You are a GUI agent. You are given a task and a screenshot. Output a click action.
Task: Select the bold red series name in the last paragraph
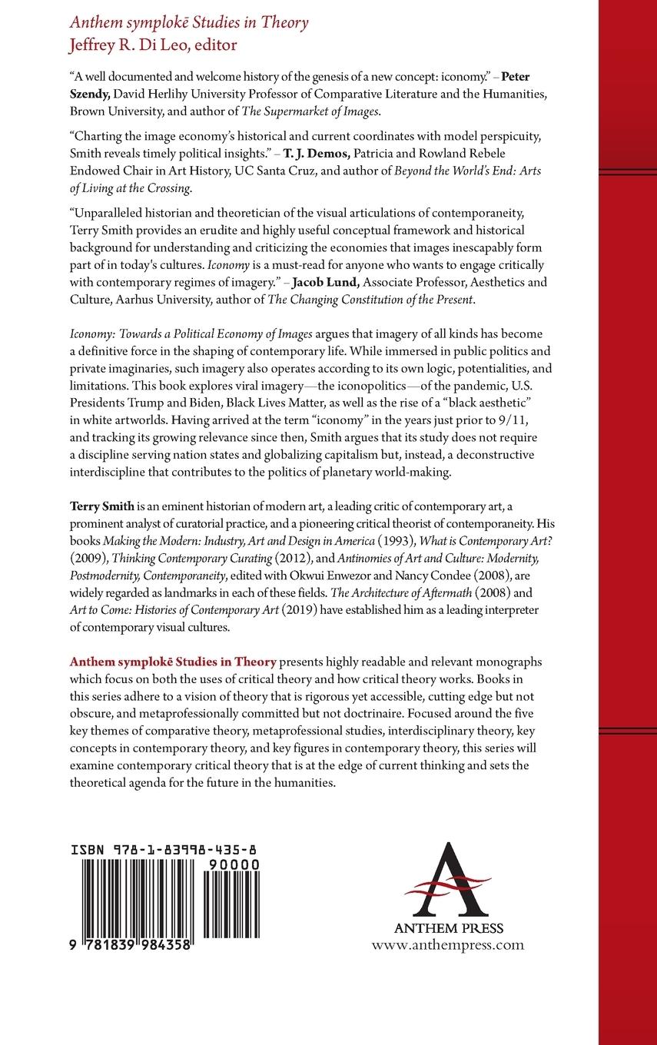pyautogui.click(x=172, y=662)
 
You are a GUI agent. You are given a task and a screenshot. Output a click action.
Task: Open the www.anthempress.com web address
pyautogui.click(x=447, y=945)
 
